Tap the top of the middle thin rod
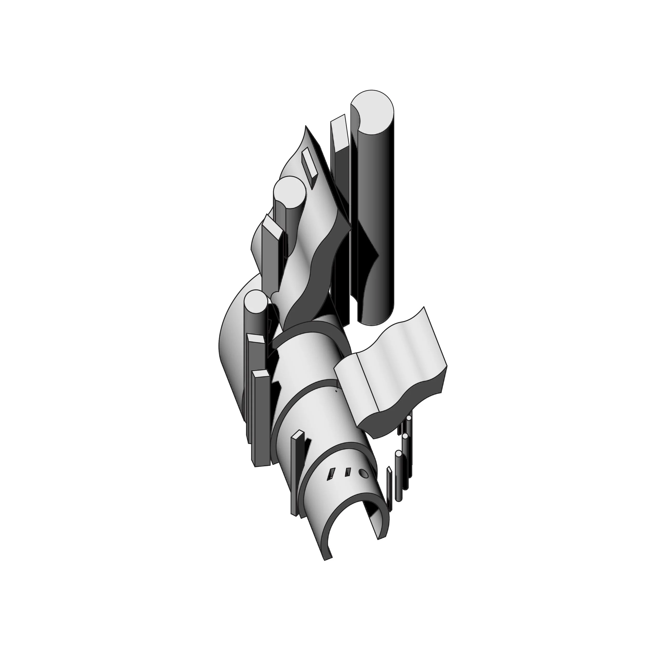(x=405, y=436)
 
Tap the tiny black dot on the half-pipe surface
(x=336, y=391)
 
